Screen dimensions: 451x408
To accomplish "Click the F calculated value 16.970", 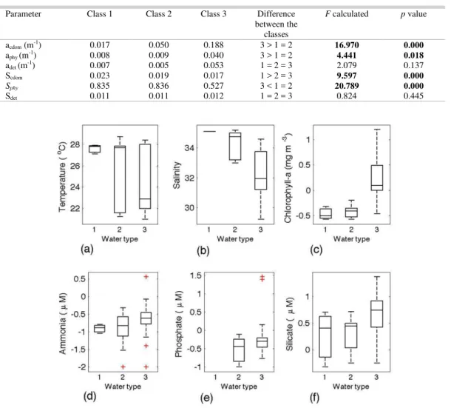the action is [347, 45].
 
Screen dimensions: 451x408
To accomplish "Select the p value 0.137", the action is [413, 65].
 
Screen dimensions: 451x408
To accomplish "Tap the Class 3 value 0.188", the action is [214, 45].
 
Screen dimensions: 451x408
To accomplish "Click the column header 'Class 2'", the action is [158, 14].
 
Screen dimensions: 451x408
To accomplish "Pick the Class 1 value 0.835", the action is [100, 86].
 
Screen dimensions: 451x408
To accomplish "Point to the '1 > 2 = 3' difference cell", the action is [276, 76].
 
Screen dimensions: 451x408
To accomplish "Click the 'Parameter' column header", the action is [24, 14].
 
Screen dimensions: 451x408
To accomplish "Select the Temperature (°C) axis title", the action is [62, 177].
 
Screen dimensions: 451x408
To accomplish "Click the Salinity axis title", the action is [177, 175].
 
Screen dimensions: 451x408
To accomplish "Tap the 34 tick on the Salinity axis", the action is [189, 148].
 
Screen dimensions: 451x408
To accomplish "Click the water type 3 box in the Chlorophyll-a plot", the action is [377, 178].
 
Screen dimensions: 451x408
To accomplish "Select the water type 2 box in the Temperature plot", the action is [120, 179].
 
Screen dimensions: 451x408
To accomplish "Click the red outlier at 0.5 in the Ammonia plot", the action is [146, 277].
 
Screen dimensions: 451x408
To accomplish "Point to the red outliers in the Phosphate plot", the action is [262, 278].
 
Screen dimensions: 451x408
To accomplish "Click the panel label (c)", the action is [316, 250].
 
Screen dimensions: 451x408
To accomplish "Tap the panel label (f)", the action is [315, 398].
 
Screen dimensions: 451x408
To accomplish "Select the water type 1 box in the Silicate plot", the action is [325, 336].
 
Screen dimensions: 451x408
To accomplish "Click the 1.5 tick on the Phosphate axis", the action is [196, 275].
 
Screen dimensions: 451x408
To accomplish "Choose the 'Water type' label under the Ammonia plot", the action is [123, 387].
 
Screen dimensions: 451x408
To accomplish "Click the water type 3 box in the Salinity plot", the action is [260, 170].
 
